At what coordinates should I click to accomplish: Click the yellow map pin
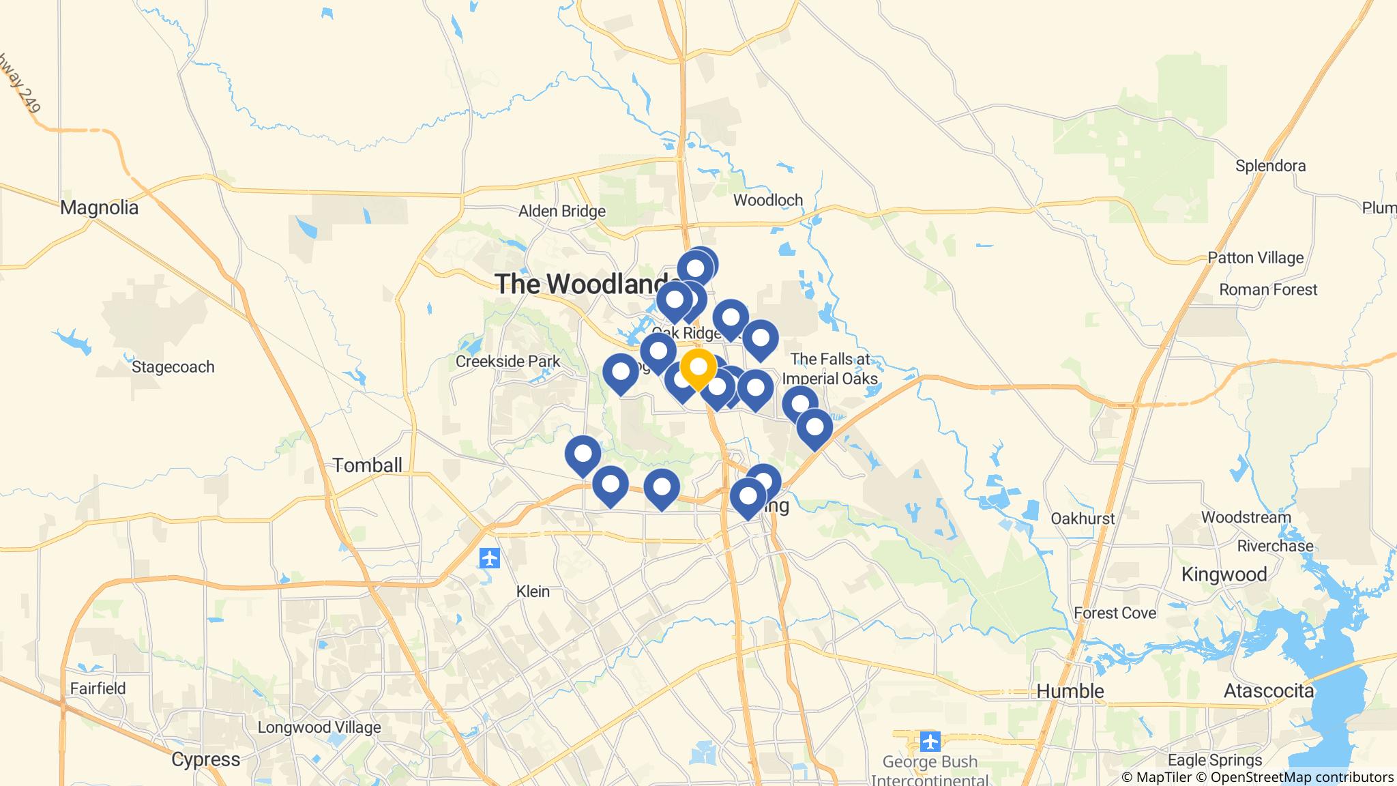point(698,368)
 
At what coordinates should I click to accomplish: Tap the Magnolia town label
point(99,207)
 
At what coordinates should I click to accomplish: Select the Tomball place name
point(367,465)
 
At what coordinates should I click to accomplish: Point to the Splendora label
point(1270,166)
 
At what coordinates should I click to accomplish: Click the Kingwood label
point(1224,574)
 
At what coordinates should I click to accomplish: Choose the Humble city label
point(1070,691)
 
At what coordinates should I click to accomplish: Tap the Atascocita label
point(1268,691)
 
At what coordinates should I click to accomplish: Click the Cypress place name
point(205,759)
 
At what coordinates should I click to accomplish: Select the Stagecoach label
point(173,367)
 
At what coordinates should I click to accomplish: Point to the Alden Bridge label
point(561,212)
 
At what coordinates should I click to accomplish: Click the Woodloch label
point(767,201)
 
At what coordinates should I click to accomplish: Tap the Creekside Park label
point(508,362)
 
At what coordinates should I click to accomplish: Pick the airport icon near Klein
point(490,558)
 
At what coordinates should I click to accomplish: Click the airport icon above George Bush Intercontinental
point(930,741)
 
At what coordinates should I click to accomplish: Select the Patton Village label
point(1255,258)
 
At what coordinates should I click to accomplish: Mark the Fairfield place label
point(98,688)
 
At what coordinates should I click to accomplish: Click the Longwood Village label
point(319,727)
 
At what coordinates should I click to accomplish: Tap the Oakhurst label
point(1083,519)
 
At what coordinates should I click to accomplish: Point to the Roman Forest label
point(1267,290)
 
